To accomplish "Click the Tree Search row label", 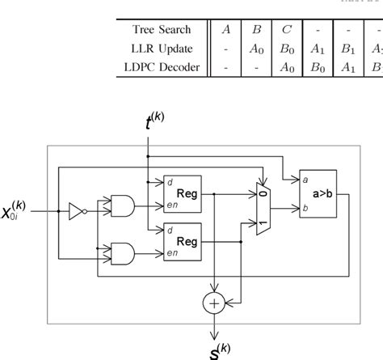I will point(162,30).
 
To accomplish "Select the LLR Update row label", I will point(162,49).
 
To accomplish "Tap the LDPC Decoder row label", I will point(162,68).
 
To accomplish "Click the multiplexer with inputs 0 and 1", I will point(263,207).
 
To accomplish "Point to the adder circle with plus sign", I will point(214,303).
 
